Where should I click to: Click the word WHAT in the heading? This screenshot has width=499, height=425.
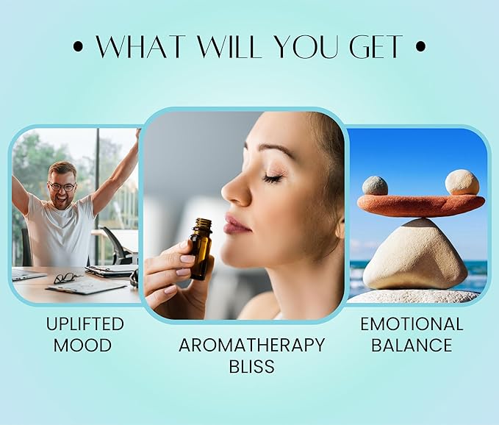coord(141,47)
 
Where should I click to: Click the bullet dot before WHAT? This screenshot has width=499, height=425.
coord(78,47)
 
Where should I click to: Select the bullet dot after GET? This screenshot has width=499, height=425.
coord(420,47)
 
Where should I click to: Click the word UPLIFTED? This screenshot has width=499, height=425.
coord(85,324)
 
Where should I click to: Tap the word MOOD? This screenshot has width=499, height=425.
coord(82,345)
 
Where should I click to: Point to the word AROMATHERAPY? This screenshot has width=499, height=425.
coord(252,345)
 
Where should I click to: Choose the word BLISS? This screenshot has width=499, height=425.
coord(252,366)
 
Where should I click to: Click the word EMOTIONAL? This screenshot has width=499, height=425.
coord(412,324)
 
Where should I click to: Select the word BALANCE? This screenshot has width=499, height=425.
coord(412,345)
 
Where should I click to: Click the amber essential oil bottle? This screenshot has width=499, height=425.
coord(200,249)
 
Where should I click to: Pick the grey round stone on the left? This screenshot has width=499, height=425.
coord(375,185)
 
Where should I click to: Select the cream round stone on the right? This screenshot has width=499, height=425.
coord(462,182)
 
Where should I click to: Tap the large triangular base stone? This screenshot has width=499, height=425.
coord(415,254)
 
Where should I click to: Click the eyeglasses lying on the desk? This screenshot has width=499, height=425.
coord(67,278)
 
